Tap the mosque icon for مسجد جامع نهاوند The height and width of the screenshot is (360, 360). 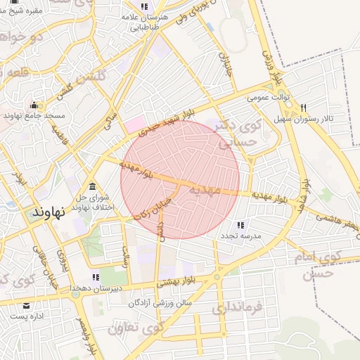(33, 106)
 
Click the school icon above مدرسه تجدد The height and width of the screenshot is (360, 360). (241, 225)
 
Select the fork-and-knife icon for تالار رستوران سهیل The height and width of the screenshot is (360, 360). (303, 108)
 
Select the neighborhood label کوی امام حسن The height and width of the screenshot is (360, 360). (326, 265)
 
